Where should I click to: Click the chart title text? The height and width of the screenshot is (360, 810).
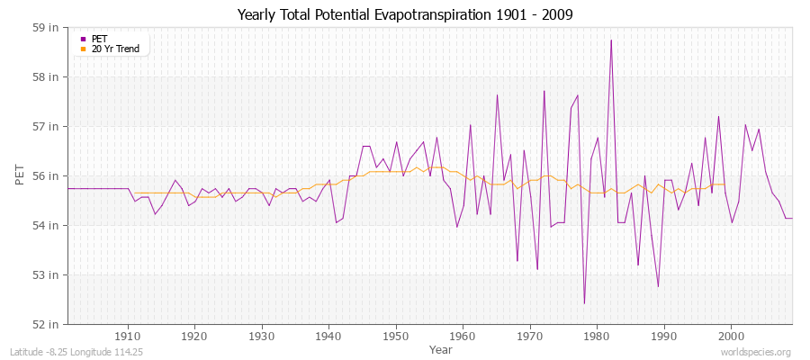404,14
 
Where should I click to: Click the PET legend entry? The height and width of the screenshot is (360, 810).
99,39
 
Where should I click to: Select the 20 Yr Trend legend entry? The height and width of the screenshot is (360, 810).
115,49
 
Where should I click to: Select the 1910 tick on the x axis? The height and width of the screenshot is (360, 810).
128,336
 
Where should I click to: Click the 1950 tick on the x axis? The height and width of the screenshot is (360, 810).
396,336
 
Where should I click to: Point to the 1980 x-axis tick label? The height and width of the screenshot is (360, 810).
597,336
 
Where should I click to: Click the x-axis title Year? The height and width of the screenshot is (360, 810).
441,349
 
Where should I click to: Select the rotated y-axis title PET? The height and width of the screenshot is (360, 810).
20,175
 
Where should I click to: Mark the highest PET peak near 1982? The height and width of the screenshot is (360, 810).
610,40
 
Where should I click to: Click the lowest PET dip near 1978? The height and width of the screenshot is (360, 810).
584,303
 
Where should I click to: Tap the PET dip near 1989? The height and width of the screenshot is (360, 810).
658,286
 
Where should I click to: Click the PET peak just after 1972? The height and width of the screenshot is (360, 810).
544,90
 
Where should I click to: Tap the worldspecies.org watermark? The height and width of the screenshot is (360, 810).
755,353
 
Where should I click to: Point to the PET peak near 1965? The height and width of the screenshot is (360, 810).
497,94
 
